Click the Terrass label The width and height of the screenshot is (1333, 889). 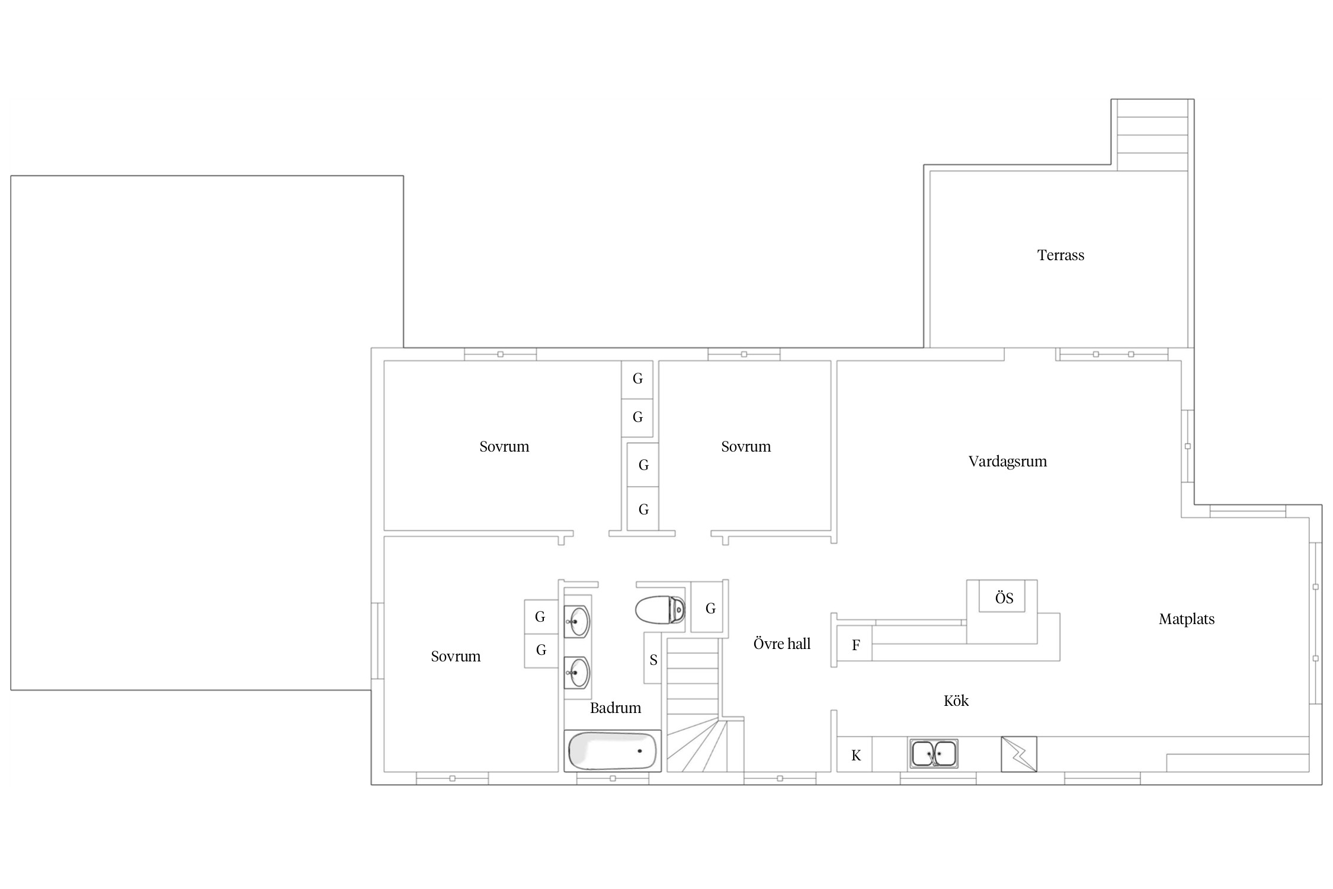coord(1060,255)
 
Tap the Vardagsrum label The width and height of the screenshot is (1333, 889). coord(1008,462)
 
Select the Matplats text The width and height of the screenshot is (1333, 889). coord(1187,619)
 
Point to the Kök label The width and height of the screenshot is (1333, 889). coord(956,701)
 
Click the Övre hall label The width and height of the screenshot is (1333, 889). coord(781,644)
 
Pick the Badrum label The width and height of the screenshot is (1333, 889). coord(616,708)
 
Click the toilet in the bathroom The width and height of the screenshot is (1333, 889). coord(660,610)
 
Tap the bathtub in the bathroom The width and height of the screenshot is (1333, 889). coord(613,751)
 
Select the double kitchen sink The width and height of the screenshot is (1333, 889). coord(934,753)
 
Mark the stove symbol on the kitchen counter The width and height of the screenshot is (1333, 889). coord(1019,754)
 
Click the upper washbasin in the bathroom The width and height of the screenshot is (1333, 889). coord(577,622)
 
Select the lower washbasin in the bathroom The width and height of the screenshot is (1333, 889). coord(577,673)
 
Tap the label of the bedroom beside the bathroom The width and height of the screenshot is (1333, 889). coord(456,657)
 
